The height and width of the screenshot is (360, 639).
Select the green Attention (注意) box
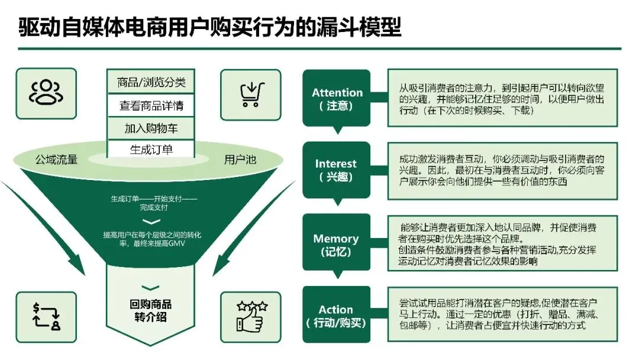[x=337, y=98]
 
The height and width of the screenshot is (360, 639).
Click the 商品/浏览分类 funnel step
[x=151, y=82]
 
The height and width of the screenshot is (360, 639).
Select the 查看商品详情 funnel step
[x=151, y=105]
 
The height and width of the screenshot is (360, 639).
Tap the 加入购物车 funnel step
[x=151, y=128]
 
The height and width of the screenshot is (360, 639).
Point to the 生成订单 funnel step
[x=151, y=149]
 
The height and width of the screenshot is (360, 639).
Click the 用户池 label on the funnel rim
[x=240, y=159]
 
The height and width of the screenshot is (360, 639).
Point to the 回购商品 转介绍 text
[x=150, y=310]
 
